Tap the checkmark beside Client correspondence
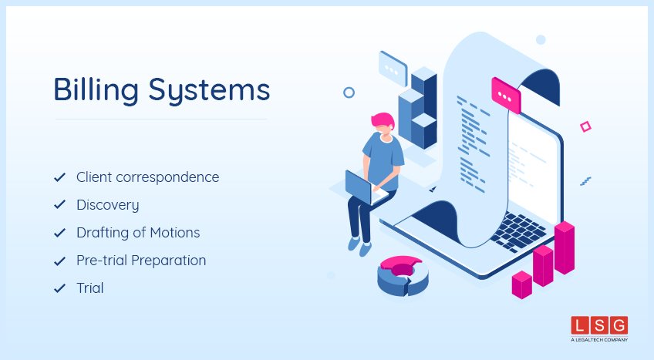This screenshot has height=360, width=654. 59,177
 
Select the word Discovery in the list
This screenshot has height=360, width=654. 108,205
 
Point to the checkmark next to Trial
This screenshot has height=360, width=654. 59,288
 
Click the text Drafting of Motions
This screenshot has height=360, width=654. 138,233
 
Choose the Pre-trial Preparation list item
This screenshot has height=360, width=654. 141,261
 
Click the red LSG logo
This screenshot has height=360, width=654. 599,325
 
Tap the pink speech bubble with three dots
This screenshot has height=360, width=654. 506,96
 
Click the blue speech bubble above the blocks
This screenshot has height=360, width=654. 393,67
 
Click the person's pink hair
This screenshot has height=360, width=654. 382,120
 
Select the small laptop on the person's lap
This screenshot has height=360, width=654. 359,187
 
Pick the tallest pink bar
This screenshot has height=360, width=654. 565,247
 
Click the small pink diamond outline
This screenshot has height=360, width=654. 585,126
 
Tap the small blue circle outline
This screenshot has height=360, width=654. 349,93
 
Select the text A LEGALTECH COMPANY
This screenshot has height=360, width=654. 599,340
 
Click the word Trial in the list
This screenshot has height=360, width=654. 89,288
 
